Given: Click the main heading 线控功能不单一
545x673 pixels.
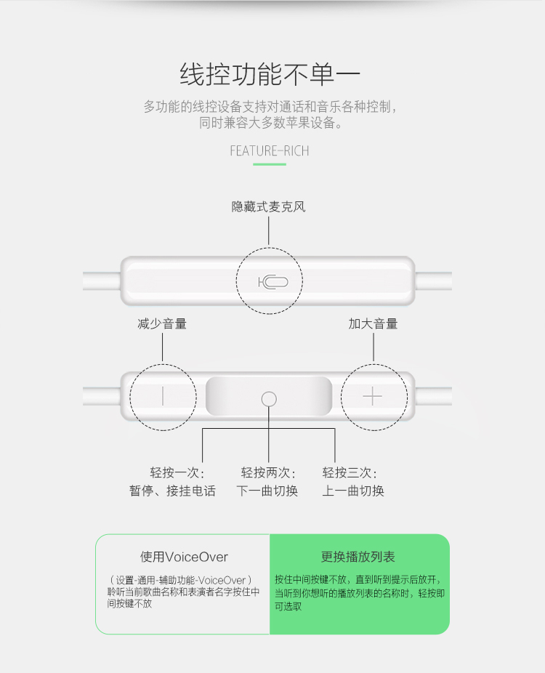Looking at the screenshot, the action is [270, 74].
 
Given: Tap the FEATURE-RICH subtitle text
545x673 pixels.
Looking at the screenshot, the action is [270, 151].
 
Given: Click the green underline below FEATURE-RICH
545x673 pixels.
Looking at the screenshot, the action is [270, 164].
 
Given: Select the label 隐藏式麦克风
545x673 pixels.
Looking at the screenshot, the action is [269, 207].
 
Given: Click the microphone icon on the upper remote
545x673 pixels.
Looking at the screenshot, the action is [273, 282].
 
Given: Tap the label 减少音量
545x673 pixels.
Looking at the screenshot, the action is [162, 323].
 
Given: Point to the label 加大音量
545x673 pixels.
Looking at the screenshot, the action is [373, 323].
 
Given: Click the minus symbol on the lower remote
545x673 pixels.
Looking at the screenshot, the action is [163, 395].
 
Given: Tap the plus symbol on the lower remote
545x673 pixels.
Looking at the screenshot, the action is [373, 396].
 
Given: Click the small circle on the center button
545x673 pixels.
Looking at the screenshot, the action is [269, 399].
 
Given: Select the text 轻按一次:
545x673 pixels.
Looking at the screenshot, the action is [177, 472].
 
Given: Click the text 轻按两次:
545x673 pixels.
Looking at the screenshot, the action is [269, 472].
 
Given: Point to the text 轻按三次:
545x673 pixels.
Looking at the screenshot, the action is [350, 472].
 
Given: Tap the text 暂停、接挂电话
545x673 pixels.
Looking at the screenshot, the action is [172, 491].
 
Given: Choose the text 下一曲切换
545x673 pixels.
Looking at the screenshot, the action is [267, 491].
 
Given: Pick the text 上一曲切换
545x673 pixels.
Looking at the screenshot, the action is [353, 491].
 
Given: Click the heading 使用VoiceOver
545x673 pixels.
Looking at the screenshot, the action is [184, 557].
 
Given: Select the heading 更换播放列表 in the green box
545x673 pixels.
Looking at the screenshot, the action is [358, 557].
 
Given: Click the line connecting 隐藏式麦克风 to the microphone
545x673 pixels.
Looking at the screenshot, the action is [269, 230].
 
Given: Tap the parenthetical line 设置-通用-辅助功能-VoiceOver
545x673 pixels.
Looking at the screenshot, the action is [181, 580].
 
